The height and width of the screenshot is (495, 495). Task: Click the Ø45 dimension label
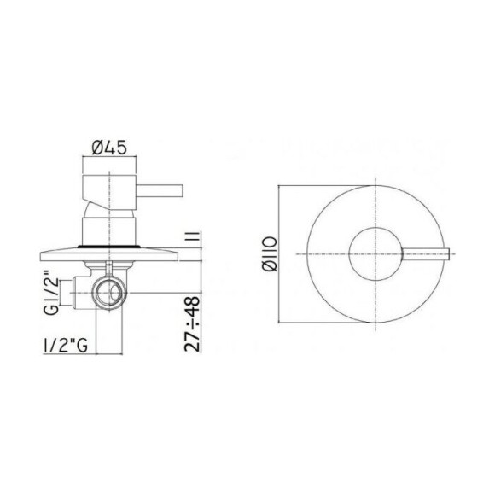108,147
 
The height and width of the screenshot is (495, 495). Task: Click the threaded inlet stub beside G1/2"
82,290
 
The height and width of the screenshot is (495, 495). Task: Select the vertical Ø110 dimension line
279,255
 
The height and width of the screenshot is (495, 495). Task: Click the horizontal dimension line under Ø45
108,158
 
